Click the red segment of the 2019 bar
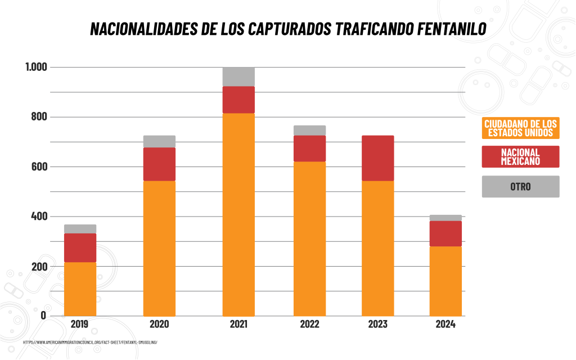80,247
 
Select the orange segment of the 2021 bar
238,214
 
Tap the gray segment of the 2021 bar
238,76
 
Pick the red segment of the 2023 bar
377,158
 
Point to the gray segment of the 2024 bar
445,218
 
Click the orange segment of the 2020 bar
159,247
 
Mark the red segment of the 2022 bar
309,148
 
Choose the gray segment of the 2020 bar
159,141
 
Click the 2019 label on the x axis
80,325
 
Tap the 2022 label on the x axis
309,325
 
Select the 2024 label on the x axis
445,325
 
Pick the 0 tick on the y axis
43,316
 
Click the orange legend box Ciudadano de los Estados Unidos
520,128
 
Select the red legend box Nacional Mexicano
520,156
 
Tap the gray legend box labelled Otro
520,186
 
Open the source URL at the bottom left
89,342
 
